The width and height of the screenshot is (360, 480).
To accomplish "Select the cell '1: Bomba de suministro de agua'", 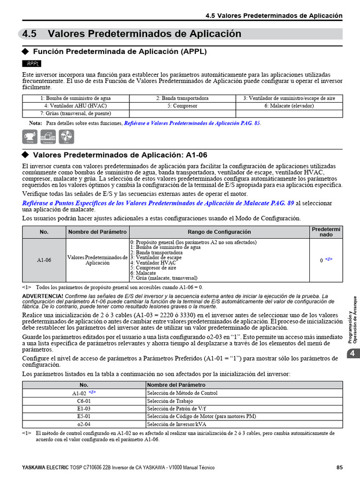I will [x=75, y=98].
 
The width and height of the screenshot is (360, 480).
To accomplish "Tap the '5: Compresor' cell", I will [x=182, y=106].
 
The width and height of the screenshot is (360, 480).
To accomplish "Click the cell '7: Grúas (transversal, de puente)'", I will [x=75, y=113].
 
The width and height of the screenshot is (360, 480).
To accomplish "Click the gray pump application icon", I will [x=30, y=136].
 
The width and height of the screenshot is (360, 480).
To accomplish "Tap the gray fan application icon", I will [x=67, y=136].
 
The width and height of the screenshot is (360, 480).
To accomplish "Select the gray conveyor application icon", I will [x=48, y=136].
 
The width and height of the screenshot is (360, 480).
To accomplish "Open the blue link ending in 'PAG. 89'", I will [x=158, y=203].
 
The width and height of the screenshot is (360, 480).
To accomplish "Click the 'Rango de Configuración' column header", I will [x=219, y=232].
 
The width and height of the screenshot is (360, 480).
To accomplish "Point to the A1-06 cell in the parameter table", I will [x=44, y=260].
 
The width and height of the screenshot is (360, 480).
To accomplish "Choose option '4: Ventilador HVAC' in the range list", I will [x=153, y=263].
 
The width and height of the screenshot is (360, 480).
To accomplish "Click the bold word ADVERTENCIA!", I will [x=43, y=296].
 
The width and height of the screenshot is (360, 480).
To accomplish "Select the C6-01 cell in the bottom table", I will [x=84, y=401].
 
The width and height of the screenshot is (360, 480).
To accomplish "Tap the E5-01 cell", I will [x=84, y=416].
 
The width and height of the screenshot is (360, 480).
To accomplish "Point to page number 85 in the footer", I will [x=340, y=467].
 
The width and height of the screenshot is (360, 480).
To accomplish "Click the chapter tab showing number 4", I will [x=352, y=354].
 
